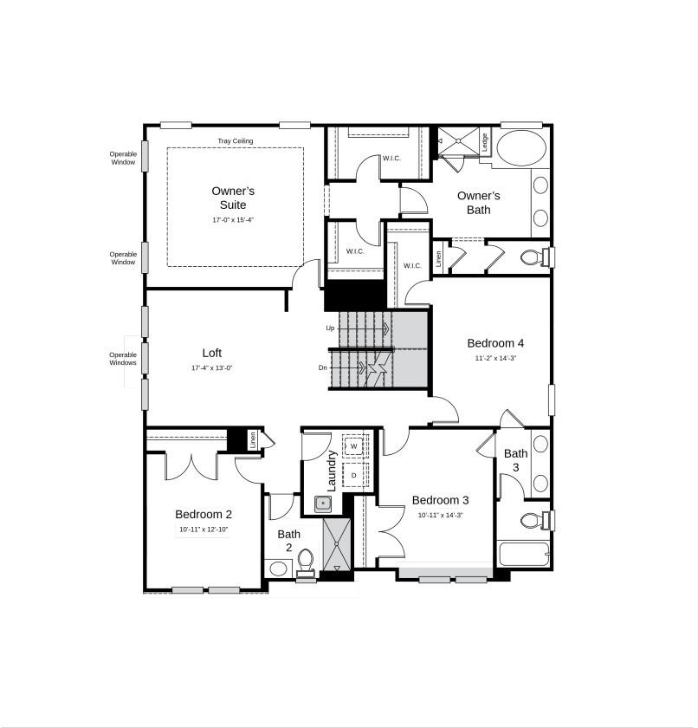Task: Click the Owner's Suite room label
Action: tap(233, 198)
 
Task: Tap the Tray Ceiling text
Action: tap(235, 140)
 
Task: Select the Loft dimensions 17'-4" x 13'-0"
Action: tap(212, 368)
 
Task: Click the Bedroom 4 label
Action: tap(495, 342)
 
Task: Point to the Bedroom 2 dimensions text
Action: tap(204, 529)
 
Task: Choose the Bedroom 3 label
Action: tap(440, 500)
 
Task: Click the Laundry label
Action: tap(331, 470)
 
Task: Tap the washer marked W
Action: tap(354, 446)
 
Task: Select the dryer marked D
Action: tap(354, 476)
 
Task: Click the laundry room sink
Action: tap(323, 503)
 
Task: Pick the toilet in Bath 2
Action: tap(306, 562)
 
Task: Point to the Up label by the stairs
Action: tap(330, 328)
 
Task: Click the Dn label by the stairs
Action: tap(322, 367)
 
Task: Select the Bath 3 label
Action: tap(516, 460)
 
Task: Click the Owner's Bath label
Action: tap(479, 202)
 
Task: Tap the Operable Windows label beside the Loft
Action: tap(123, 358)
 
